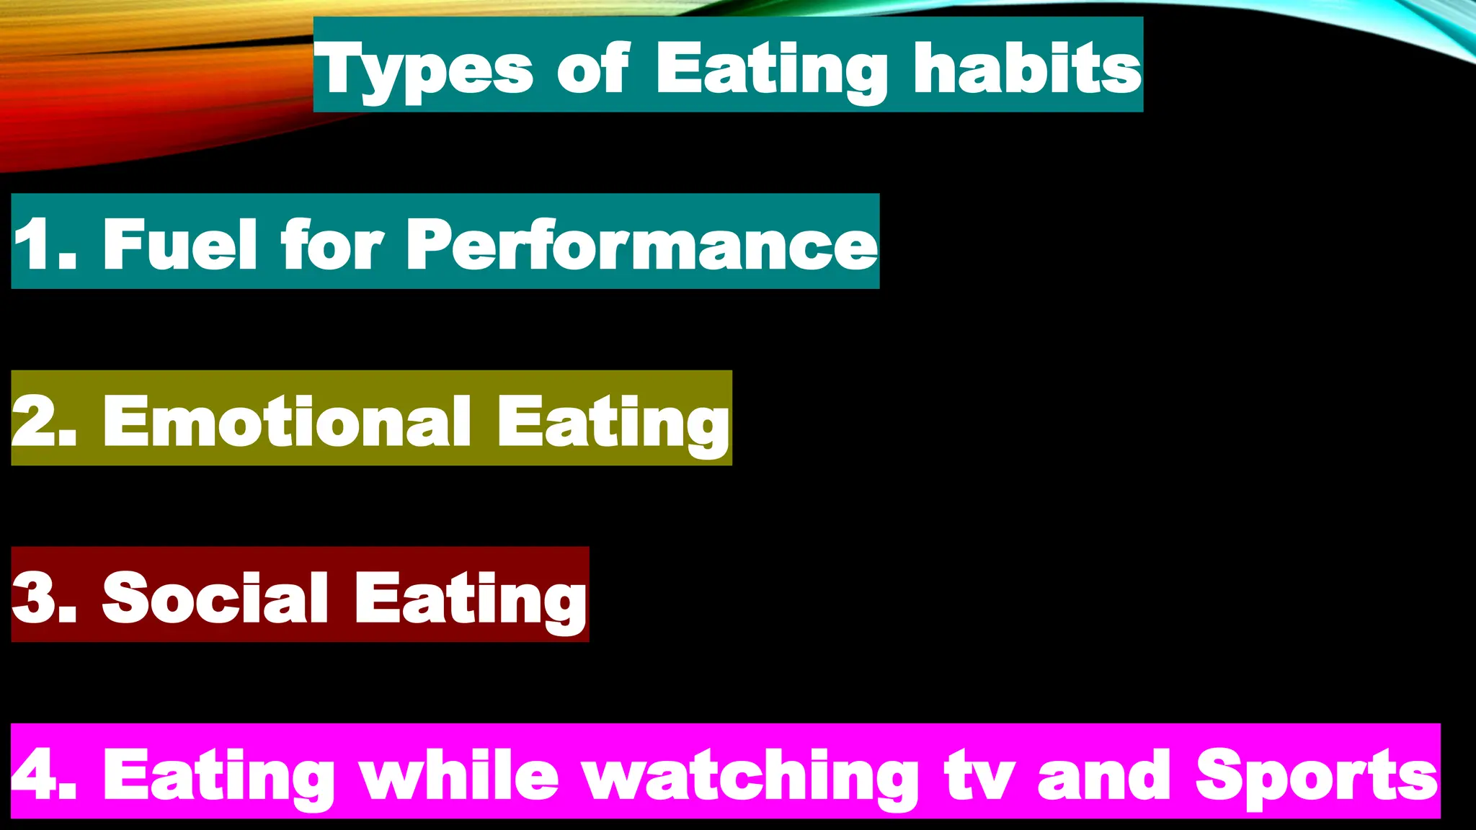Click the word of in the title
click(x=592, y=68)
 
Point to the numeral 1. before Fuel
click(x=45, y=244)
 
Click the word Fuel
click(x=179, y=244)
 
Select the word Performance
click(x=641, y=244)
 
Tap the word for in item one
click(x=331, y=244)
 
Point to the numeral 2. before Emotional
click(x=45, y=421)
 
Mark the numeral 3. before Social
click(x=45, y=598)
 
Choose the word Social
click(x=215, y=598)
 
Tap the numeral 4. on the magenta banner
click(x=45, y=775)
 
